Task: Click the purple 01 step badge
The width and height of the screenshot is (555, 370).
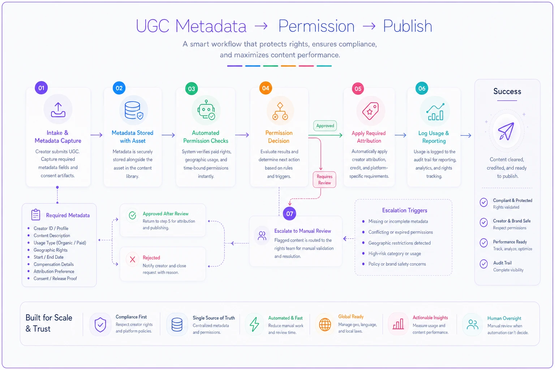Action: point(41,88)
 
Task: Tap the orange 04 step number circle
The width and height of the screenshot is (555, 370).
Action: point(266,88)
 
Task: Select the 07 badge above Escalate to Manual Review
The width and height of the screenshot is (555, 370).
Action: point(289,214)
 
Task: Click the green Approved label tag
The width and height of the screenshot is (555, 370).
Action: point(325,126)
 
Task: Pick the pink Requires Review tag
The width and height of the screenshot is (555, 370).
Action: point(324,180)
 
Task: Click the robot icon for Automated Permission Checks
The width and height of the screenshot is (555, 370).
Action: point(206,110)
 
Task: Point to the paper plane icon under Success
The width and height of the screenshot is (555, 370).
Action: point(506,131)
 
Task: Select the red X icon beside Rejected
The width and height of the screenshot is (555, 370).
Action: point(133,259)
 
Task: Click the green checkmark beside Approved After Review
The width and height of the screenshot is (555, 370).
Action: point(133,215)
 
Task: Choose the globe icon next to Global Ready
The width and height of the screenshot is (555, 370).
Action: point(325,324)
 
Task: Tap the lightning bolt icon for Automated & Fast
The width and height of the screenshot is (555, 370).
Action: point(254,324)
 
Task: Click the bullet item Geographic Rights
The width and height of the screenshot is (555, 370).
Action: point(51,250)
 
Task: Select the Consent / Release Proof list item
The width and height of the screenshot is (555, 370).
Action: point(55,279)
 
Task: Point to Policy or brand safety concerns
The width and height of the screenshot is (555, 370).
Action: point(397,264)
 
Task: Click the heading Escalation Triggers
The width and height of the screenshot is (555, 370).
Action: point(405,210)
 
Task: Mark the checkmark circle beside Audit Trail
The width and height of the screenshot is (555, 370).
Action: point(484,264)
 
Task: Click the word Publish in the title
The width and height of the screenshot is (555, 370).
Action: point(408,26)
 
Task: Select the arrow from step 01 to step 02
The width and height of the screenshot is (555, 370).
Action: point(96,135)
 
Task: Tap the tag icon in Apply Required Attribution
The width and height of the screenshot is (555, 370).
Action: point(370,111)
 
